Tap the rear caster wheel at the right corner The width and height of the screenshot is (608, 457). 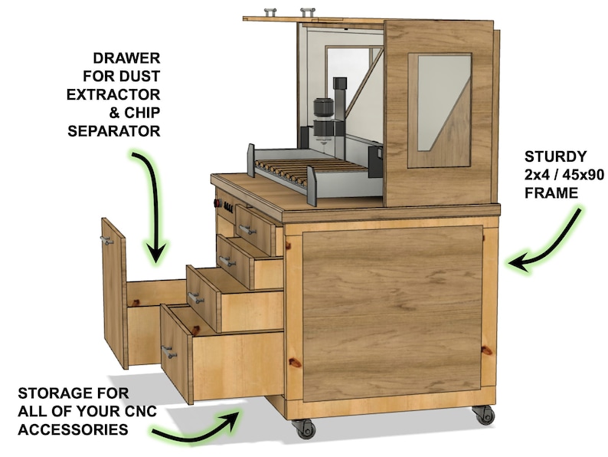coord(483,414)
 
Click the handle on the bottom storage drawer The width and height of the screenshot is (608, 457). coord(170,352)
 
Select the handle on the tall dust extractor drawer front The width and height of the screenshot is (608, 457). coord(106,241)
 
